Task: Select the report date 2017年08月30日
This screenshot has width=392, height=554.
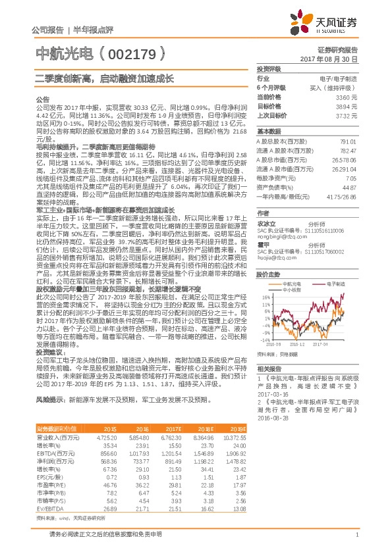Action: click(329, 59)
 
